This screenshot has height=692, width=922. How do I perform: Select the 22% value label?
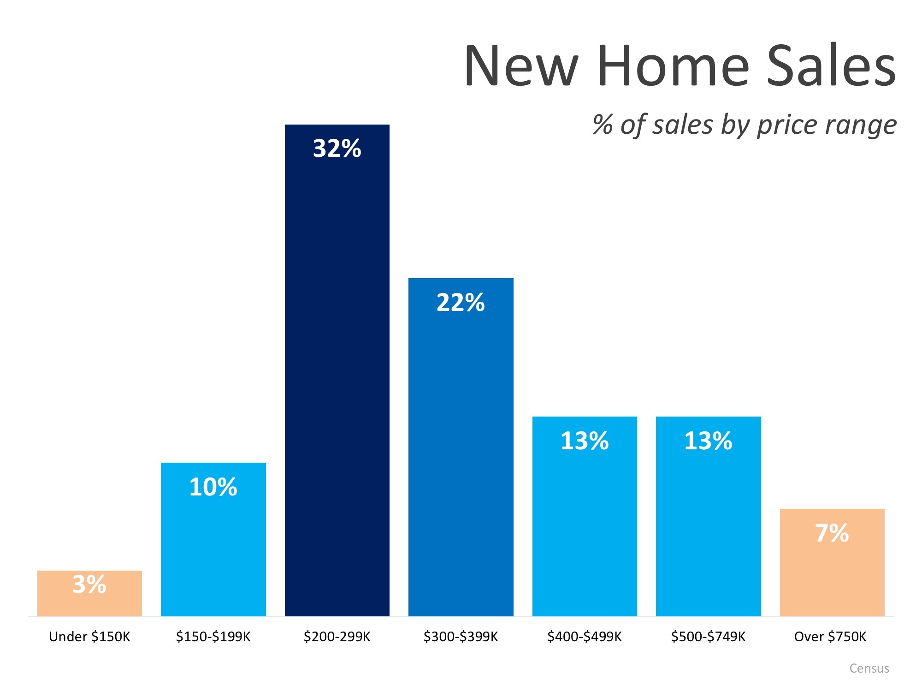click(461, 303)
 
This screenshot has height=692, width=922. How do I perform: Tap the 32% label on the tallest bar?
click(337, 149)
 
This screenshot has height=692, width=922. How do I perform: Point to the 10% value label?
click(213, 487)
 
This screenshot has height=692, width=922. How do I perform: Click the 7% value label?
click(832, 533)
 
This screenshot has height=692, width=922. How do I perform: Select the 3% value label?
click(89, 585)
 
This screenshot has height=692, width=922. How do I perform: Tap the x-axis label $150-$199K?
click(213, 637)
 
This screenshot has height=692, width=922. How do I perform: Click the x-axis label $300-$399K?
click(461, 637)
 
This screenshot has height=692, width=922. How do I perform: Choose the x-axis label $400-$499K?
click(584, 637)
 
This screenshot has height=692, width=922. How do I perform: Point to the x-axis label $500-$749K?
click(708, 637)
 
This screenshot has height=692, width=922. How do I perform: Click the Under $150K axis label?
click(89, 637)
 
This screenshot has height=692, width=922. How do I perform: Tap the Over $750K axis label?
click(830, 637)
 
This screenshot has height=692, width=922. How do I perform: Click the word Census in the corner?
click(869, 668)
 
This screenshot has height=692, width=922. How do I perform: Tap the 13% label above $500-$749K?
click(708, 441)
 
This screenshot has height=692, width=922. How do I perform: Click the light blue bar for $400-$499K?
click(585, 531)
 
